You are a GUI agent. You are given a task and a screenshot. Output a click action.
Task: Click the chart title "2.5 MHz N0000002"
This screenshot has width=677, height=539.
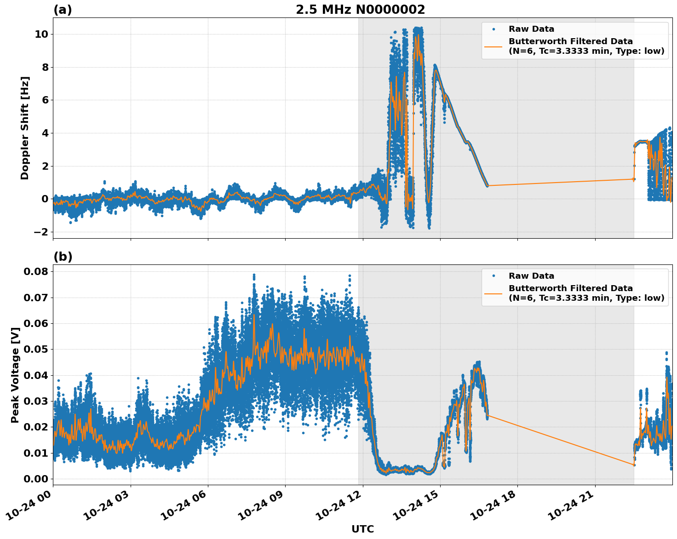(x=360, y=10)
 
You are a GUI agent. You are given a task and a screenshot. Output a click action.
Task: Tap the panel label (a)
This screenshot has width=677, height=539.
(x=63, y=10)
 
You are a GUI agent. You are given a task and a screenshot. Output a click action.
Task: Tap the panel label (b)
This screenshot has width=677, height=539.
(x=63, y=257)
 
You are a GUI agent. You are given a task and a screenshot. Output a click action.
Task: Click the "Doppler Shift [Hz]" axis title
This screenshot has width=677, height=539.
(x=25, y=128)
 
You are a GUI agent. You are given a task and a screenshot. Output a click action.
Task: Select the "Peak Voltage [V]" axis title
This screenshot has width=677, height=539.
(x=15, y=375)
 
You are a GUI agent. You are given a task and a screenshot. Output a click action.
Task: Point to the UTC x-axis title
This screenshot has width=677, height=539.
(x=362, y=529)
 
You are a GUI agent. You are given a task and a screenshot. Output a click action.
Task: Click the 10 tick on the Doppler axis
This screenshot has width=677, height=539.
(x=42, y=34)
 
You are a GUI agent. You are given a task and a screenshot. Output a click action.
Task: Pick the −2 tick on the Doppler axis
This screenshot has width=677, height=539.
(x=41, y=232)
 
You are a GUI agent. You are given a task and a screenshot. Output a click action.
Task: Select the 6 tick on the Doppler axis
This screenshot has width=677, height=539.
(x=45, y=100)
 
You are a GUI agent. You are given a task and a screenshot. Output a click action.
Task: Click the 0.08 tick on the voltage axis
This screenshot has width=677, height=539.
(x=35, y=271)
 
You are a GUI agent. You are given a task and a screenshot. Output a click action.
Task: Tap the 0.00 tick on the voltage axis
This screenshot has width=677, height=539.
(x=35, y=479)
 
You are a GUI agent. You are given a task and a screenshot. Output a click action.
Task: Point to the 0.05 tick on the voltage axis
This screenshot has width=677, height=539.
(x=35, y=349)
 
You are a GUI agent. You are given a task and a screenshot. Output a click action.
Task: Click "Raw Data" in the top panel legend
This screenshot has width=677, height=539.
(x=531, y=29)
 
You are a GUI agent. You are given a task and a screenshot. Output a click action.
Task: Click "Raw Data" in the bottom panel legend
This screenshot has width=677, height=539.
(x=531, y=276)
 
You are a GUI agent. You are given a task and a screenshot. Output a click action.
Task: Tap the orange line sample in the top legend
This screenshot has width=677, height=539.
(x=493, y=46)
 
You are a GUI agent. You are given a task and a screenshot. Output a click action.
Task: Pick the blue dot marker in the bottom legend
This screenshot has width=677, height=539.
(x=493, y=276)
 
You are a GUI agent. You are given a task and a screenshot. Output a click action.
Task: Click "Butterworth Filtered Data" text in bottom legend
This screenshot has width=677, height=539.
(x=570, y=288)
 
